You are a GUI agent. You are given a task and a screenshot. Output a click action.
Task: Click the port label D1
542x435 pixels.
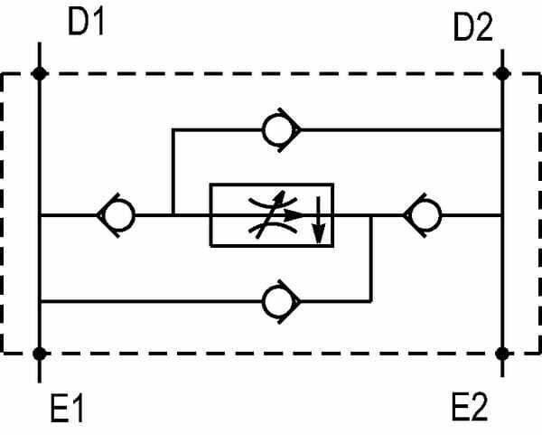[x=87, y=23]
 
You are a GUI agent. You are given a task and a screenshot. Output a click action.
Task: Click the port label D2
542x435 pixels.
[x=472, y=29]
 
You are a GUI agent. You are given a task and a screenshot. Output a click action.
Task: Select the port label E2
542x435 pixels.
[x=469, y=408]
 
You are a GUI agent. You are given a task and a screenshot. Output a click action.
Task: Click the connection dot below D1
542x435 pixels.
[x=38, y=74]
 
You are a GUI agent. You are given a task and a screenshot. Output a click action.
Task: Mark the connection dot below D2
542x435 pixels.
[x=503, y=74]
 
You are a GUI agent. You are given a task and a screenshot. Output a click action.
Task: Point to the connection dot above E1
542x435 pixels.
[x=38, y=353]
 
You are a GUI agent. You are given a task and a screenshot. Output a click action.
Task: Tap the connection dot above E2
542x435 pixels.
[x=503, y=353]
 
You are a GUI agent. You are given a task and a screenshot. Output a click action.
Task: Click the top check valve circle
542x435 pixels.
[x=276, y=130]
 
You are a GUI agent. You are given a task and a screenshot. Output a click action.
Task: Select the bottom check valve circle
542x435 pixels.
[x=276, y=300]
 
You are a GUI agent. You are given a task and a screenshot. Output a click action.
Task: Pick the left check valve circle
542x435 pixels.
[x=118, y=215]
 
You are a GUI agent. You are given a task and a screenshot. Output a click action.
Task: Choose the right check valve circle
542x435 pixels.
[x=424, y=215]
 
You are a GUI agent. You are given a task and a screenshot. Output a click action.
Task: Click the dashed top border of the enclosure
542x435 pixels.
[x=271, y=74]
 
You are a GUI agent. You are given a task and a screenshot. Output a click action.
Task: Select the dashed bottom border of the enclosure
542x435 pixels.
[x=271, y=353]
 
